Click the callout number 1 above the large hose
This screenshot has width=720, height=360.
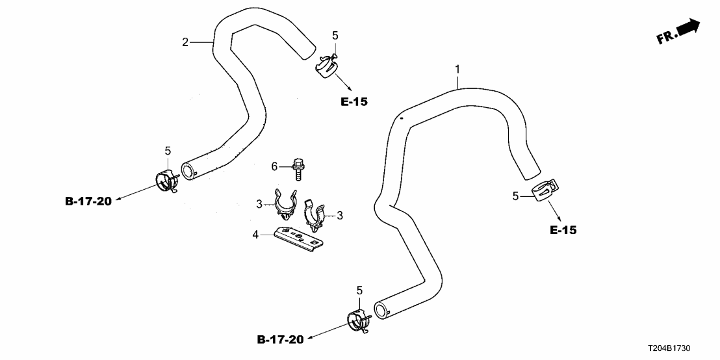point(457,69)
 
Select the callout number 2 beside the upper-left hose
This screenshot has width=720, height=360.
point(185,42)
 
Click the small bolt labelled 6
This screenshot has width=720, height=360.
point(298,167)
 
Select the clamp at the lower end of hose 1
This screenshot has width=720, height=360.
point(359,320)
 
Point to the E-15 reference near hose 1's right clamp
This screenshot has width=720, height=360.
point(563,230)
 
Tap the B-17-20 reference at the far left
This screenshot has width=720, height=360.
point(88,201)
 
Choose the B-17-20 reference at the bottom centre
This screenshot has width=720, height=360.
point(280,339)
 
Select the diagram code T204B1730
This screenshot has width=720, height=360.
point(686,350)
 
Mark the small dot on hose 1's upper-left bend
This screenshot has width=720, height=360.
point(402,118)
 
